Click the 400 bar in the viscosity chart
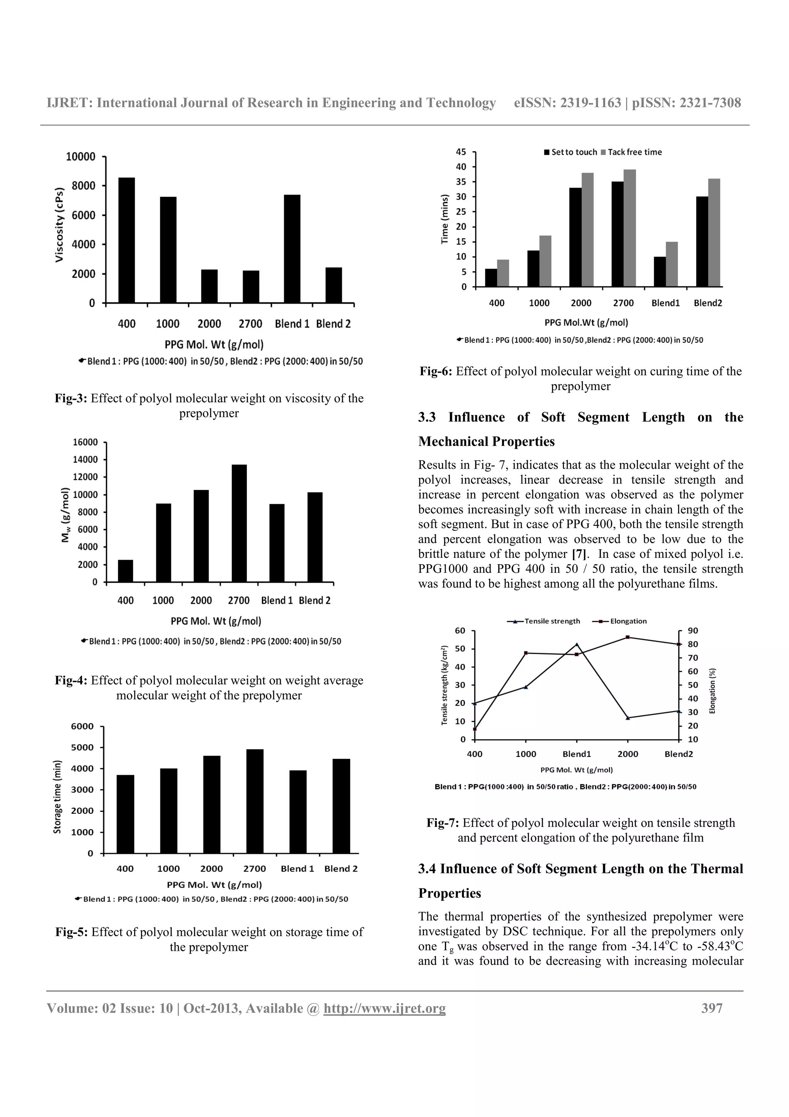[126, 241]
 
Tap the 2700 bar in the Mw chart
[239, 523]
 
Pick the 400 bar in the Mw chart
[126, 571]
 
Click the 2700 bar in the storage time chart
[255, 801]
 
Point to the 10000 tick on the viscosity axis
[81, 156]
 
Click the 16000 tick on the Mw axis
[85, 442]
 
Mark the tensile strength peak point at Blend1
[577, 644]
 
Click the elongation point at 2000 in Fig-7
[628, 637]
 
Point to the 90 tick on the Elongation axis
[693, 631]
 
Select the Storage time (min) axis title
[57, 796]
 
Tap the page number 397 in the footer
[712, 1008]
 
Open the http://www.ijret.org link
[384, 1008]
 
